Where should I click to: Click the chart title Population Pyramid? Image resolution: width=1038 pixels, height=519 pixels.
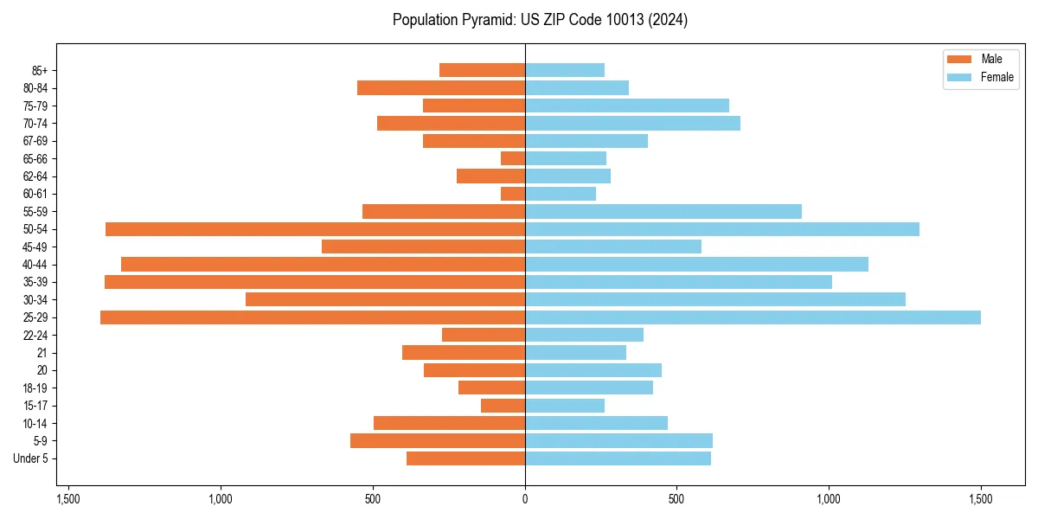pyautogui.click(x=540, y=20)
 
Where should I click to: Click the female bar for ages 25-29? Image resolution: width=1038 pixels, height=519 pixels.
pyautogui.click(x=753, y=317)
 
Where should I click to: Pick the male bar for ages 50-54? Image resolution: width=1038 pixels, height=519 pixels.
pyautogui.click(x=315, y=229)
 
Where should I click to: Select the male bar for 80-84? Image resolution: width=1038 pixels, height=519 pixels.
pyautogui.click(x=441, y=87)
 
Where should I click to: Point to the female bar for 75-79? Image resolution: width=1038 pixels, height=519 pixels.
pyautogui.click(x=627, y=106)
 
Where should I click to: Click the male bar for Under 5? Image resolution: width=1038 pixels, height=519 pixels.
pyautogui.click(x=465, y=458)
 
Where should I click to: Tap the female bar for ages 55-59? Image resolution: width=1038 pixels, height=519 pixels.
pyautogui.click(x=663, y=211)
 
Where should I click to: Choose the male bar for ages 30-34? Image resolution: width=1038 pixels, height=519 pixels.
pyautogui.click(x=385, y=299)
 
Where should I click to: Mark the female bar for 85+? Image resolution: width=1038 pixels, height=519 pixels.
pyautogui.click(x=565, y=70)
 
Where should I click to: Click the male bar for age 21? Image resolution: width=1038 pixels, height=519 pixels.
pyautogui.click(x=464, y=353)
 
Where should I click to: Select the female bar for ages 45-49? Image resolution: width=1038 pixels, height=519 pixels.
pyautogui.click(x=613, y=247)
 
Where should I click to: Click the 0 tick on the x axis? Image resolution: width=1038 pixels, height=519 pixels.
pyautogui.click(x=525, y=498)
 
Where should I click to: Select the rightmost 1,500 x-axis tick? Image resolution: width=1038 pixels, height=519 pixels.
pyautogui.click(x=981, y=498)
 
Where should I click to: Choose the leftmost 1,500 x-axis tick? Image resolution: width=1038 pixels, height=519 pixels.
pyautogui.click(x=68, y=498)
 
